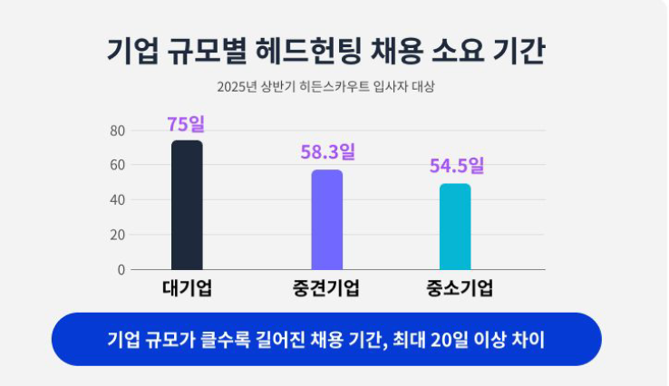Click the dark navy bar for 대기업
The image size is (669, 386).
pos(187,205)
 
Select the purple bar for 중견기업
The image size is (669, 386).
pos(327,219)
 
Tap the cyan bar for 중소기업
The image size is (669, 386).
pos(455,227)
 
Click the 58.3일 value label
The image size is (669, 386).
pos(327,151)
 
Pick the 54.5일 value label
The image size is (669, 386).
pos(457,166)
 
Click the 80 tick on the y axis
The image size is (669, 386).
pos(118,130)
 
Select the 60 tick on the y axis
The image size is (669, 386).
pos(118,165)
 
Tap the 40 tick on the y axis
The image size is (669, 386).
pos(118,200)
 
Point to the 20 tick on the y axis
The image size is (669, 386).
pos(118,235)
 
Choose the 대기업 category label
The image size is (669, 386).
pos(188,290)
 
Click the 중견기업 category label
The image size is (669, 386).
pos(327,290)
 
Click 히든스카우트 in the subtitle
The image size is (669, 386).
pos(346,87)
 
